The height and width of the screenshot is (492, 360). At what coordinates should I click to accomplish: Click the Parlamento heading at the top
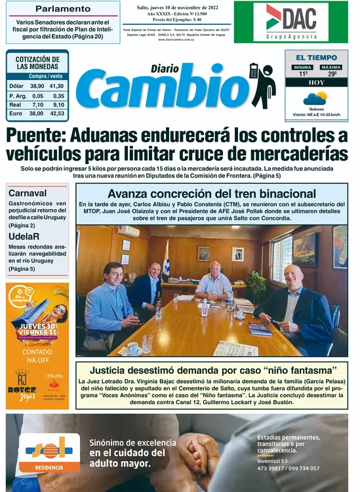[x=62, y=9]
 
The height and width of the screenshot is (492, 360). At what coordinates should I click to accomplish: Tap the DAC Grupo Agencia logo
[x=290, y=21]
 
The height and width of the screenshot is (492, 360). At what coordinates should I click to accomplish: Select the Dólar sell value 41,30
[x=56, y=86]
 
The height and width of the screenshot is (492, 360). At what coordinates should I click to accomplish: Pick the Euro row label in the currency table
[x=16, y=113]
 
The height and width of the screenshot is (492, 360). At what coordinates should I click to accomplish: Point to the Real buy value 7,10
[x=37, y=104]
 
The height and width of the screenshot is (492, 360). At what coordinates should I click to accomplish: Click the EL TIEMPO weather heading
[x=316, y=58]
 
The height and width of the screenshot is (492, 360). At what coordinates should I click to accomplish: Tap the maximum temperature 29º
[x=331, y=74]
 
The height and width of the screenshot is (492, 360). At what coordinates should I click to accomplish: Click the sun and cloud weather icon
[x=315, y=99]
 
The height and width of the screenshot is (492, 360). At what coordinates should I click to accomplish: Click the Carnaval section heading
[x=28, y=193]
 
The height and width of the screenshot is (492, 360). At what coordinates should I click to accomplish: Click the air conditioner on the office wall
[x=129, y=231]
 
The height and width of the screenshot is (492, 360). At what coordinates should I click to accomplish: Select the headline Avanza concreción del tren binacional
[x=211, y=194]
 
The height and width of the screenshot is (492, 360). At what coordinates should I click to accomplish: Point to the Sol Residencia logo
[x=50, y=453]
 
